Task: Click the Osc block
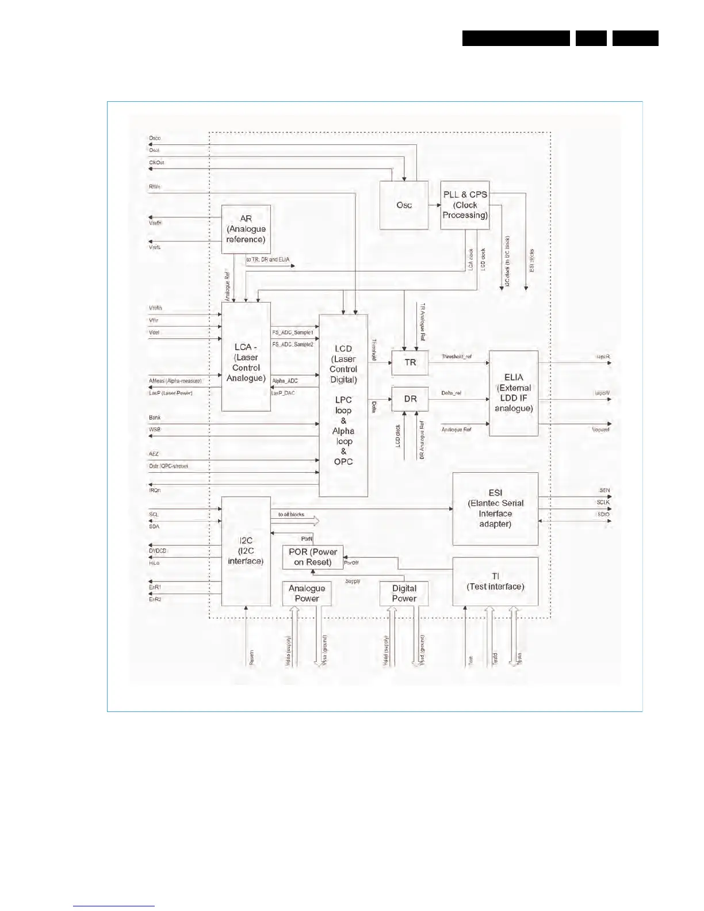coord(404,205)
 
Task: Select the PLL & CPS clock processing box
coord(465,205)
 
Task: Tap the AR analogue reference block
coord(246,229)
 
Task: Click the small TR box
coord(410,363)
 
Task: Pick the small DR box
coord(410,399)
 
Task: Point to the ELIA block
coord(514,393)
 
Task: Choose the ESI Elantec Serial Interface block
coord(495,508)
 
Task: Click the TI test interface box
coord(495,581)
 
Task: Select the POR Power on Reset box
coord(313,557)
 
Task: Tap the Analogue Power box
coord(307,594)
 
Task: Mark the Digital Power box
coord(404,594)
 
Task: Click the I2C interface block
coord(246,551)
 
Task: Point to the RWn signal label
coord(155,187)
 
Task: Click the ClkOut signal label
coord(156,163)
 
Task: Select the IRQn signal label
coord(155,491)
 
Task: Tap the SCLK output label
coord(603,503)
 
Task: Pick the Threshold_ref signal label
coord(457,357)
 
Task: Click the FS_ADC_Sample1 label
coord(293,332)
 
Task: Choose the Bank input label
coord(155,418)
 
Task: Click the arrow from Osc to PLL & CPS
coord(435,205)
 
